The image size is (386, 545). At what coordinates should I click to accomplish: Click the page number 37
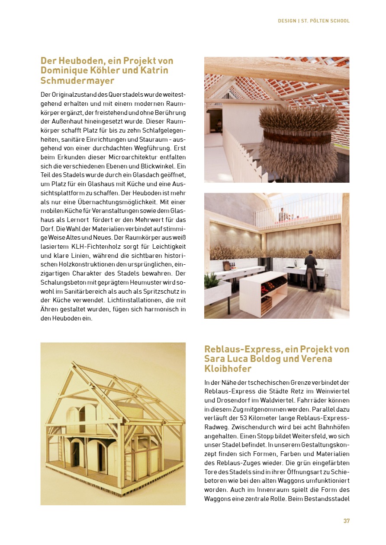[346, 521]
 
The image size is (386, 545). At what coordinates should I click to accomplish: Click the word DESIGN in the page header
[287, 21]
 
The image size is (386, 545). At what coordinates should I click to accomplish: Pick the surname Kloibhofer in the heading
[228, 369]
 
